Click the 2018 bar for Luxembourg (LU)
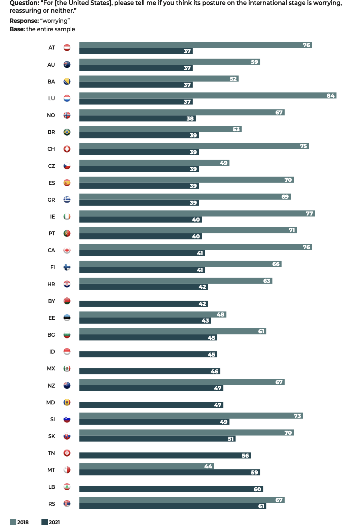(x=208, y=95)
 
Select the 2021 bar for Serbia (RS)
(x=173, y=506)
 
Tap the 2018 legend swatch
(x=13, y=522)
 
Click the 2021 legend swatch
(x=44, y=522)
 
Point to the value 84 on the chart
(x=330, y=96)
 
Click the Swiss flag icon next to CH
(x=67, y=149)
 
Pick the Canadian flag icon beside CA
(x=67, y=250)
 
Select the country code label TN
(x=51, y=453)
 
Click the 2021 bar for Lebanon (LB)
(x=171, y=489)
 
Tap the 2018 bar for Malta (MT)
(x=146, y=466)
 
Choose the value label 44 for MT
(x=208, y=466)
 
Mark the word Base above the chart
(x=17, y=29)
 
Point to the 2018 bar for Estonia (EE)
(x=152, y=315)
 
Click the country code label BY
(x=51, y=301)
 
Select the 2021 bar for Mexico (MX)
(x=150, y=371)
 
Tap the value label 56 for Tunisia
(x=245, y=456)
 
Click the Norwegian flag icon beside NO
(x=67, y=115)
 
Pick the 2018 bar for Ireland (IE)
(x=197, y=213)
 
